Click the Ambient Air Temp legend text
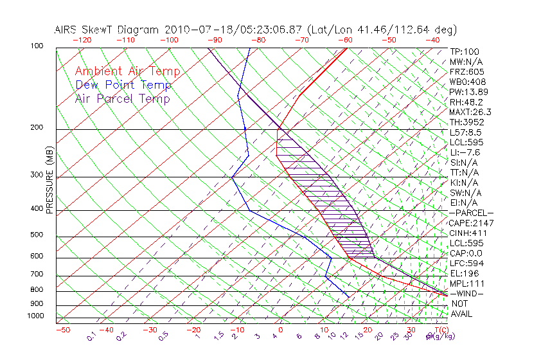tap(127, 71)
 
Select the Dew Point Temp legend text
tap(123, 85)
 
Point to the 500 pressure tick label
tap(37, 235)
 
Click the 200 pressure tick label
tap(37, 128)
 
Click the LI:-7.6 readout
tap(465, 152)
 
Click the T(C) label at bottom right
tap(442, 330)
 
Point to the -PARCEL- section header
tap(472, 213)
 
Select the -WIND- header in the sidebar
tap(467, 293)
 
